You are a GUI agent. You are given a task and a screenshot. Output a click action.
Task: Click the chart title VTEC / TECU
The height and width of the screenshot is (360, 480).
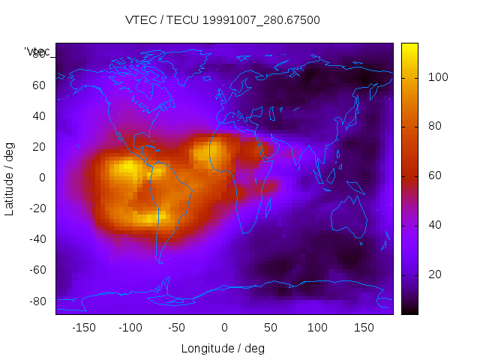[x=222, y=20]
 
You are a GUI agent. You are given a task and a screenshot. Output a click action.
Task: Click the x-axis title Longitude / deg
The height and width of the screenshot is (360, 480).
[x=223, y=348]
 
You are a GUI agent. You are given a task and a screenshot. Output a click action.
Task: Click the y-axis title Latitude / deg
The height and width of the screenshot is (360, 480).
[x=10, y=178]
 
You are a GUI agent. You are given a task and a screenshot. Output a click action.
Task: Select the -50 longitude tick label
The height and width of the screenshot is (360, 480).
[x=177, y=328]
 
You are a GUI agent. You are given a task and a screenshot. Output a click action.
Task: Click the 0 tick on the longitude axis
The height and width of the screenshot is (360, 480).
[x=224, y=328]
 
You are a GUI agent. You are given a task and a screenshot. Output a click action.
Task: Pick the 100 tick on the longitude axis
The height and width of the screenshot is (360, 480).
[x=318, y=328]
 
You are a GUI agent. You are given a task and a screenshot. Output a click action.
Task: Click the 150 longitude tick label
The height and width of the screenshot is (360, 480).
[x=364, y=328]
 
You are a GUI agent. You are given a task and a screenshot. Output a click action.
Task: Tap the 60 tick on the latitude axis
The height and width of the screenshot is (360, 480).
[x=40, y=85]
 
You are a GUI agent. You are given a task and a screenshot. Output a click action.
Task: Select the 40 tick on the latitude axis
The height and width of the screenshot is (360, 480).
[x=40, y=115]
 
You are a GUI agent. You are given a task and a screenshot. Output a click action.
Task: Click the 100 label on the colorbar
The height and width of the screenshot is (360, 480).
[x=438, y=77]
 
